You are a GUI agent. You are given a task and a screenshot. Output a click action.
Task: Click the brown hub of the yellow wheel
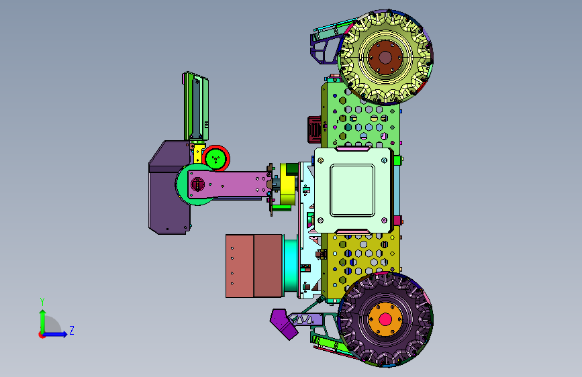click(385, 58)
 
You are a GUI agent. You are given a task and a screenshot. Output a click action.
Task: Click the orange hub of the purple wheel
click(385, 319)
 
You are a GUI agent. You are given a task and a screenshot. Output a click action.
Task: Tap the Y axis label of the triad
click(42, 301)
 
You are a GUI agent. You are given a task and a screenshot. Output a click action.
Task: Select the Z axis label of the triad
click(72, 330)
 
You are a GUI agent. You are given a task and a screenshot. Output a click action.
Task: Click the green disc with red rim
click(216, 158)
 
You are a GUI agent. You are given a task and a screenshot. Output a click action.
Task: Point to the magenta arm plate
click(230, 184)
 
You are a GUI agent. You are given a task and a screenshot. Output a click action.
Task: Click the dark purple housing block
click(169, 187)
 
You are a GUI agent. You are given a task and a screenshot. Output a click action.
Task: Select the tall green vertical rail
click(195, 106)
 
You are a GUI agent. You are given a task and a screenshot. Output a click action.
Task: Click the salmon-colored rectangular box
click(254, 266)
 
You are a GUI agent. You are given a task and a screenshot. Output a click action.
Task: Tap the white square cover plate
click(352, 191)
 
